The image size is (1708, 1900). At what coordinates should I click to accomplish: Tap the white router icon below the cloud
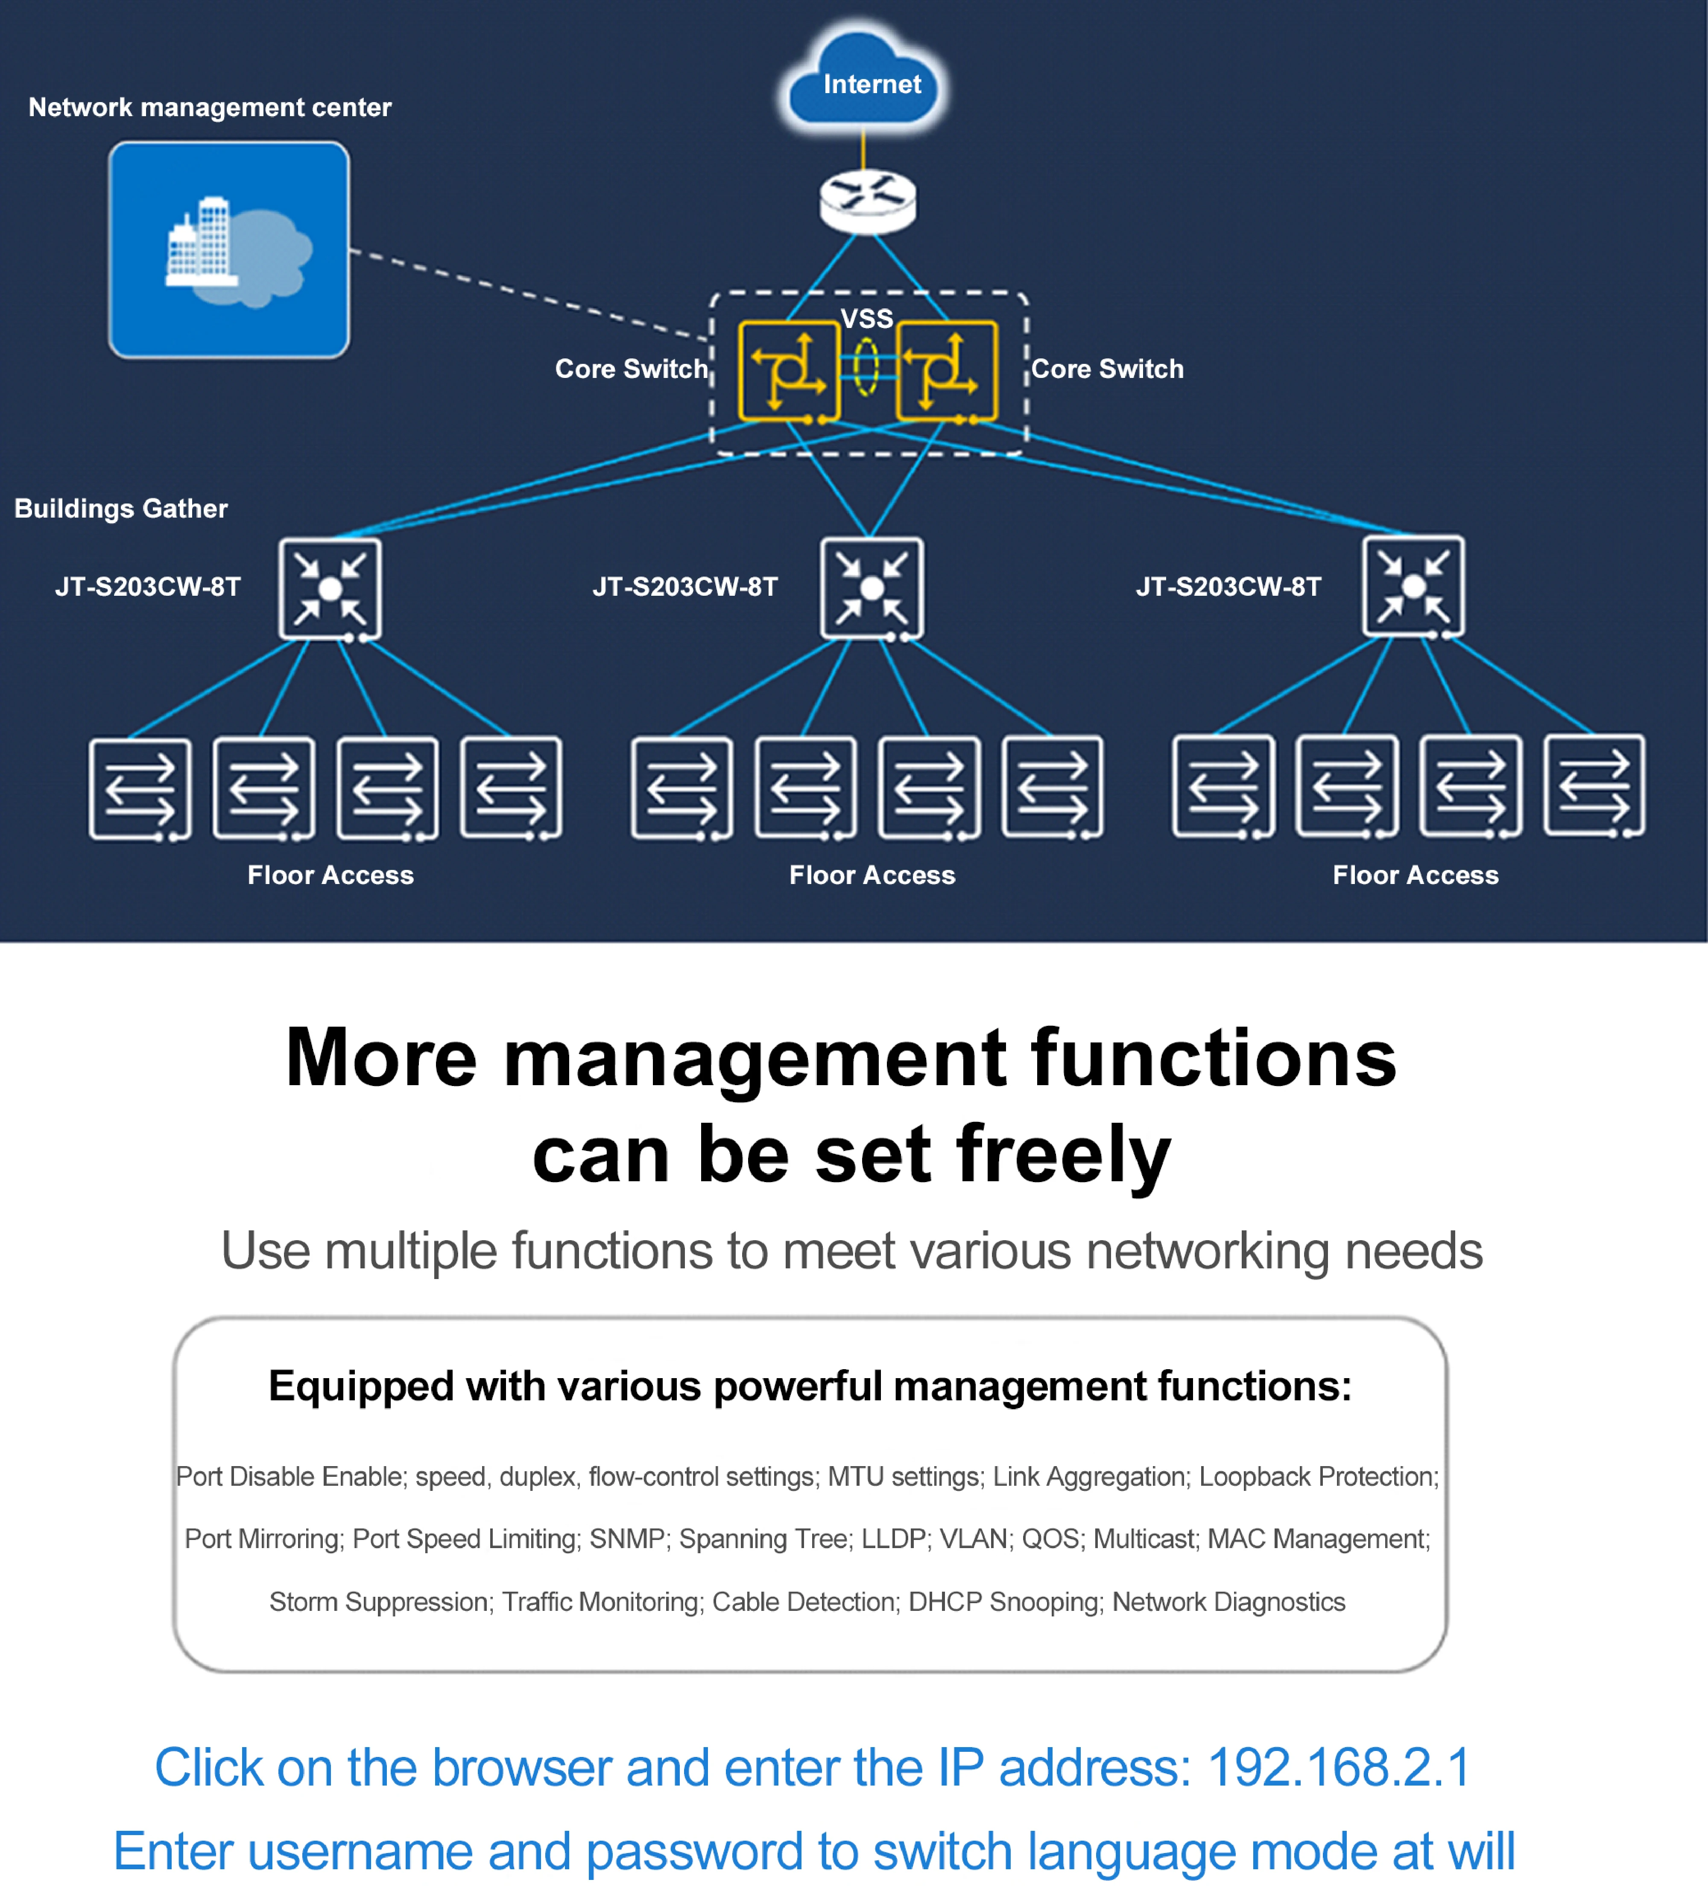tap(867, 201)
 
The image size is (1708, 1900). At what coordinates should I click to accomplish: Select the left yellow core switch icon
tap(788, 371)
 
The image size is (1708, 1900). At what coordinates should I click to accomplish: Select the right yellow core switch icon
tap(946, 371)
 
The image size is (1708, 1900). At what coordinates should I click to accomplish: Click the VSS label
tap(866, 318)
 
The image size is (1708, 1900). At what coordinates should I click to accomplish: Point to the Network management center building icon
tap(229, 250)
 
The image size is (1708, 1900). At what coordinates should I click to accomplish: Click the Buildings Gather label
tap(121, 509)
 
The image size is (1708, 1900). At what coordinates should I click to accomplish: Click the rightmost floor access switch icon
tap(1594, 786)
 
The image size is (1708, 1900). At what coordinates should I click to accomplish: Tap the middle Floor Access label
tap(872, 875)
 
